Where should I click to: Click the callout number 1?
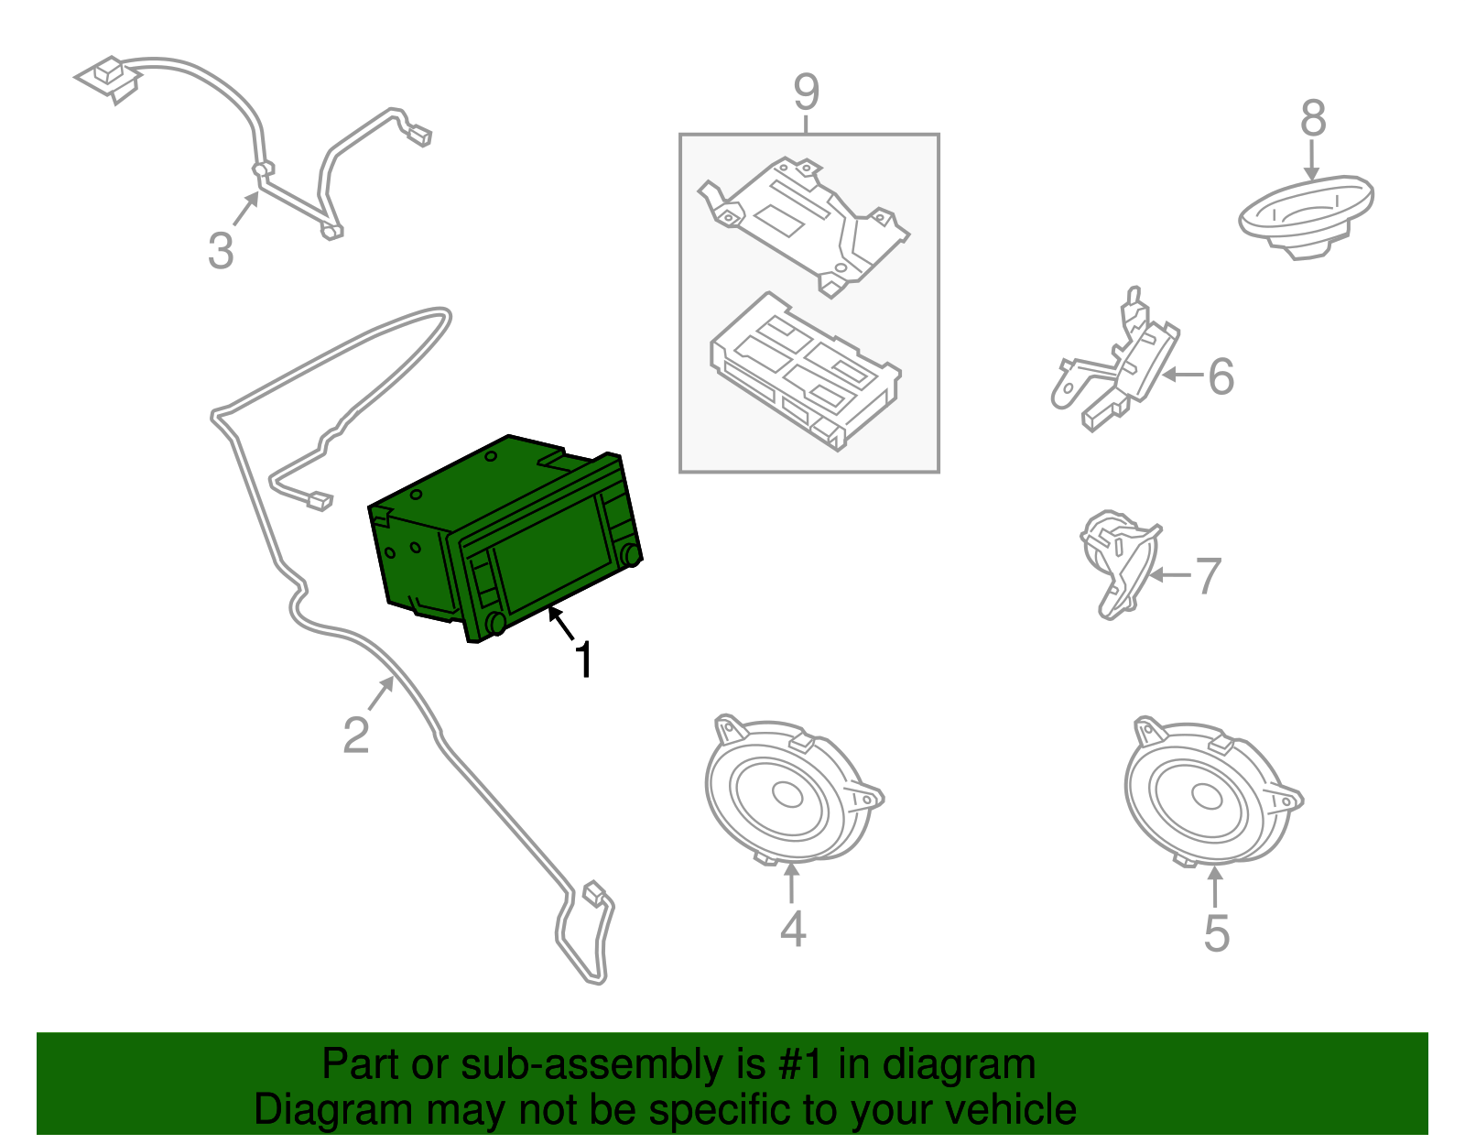point(584,659)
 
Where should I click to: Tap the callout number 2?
point(356,735)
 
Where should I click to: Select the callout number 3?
point(221,250)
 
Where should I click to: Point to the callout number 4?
point(793,928)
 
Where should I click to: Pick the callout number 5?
point(1216,933)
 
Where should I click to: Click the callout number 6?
point(1221,376)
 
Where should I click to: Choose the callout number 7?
point(1209,576)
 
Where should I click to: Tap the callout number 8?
point(1313,119)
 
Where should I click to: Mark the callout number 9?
point(807,92)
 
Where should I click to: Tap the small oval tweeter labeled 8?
point(1306,217)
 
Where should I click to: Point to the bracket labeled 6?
point(1116,362)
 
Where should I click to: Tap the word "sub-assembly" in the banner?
point(613,1064)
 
